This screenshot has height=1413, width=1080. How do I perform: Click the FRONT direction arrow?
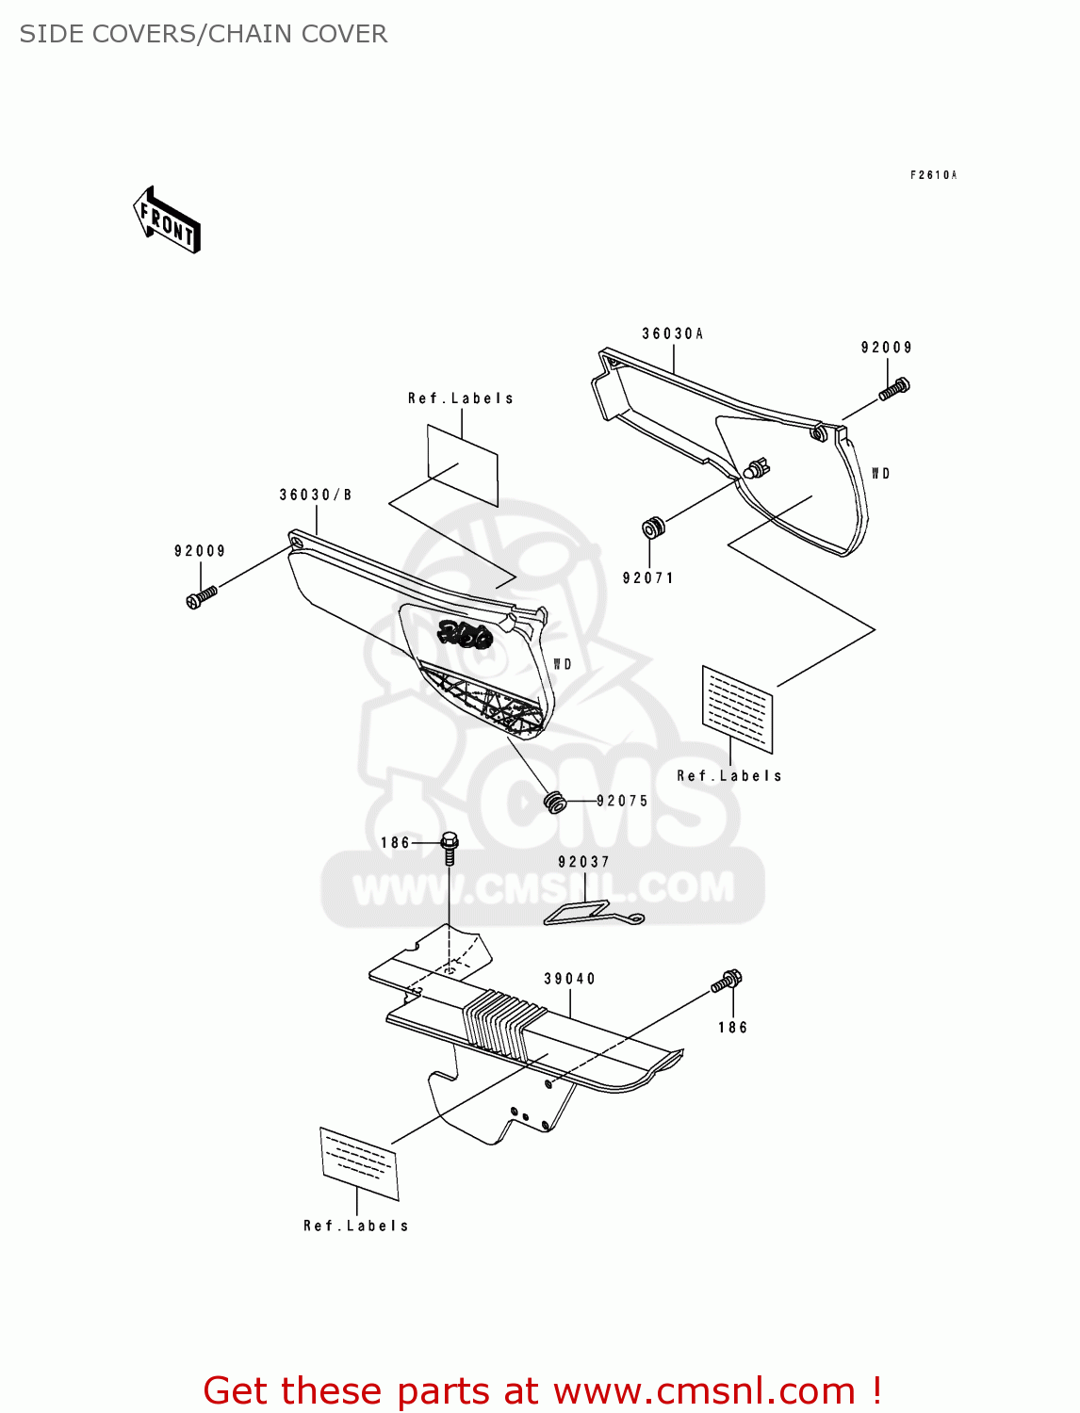click(x=168, y=221)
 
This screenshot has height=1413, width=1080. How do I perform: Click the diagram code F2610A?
click(x=933, y=175)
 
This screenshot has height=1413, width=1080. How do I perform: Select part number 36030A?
click(x=673, y=333)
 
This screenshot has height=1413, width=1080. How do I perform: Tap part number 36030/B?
click(x=316, y=495)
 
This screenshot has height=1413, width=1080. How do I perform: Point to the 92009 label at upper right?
click(x=887, y=348)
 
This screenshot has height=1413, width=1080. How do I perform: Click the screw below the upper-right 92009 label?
click(x=894, y=388)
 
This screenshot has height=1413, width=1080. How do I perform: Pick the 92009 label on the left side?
click(x=200, y=551)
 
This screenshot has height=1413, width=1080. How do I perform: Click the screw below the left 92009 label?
click(x=201, y=597)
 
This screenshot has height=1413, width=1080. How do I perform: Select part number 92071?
click(x=648, y=578)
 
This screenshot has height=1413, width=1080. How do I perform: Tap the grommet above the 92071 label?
click(x=652, y=528)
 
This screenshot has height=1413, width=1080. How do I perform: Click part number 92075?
click(x=623, y=802)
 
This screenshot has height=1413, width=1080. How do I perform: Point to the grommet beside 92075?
click(x=556, y=803)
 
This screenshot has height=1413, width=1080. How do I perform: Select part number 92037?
click(x=584, y=862)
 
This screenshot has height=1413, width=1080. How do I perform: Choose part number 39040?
click(x=570, y=979)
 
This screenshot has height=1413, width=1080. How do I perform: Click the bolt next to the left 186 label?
click(x=450, y=847)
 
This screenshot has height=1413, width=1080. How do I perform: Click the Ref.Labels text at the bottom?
click(x=356, y=1226)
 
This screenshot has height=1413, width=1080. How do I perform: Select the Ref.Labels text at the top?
click(x=461, y=398)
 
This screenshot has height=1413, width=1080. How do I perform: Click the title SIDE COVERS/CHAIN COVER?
click(x=204, y=34)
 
